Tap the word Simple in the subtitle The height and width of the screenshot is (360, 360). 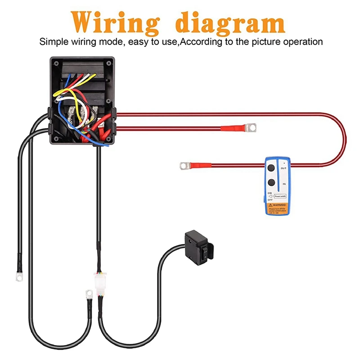(x=54, y=42)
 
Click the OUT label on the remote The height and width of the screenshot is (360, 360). (x=283, y=168)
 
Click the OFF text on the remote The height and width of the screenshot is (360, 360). (x=270, y=199)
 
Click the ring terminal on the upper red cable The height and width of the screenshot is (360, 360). (x=251, y=128)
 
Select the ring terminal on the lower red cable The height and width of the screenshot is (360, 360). (x=183, y=166)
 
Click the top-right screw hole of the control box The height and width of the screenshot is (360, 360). (x=109, y=63)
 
